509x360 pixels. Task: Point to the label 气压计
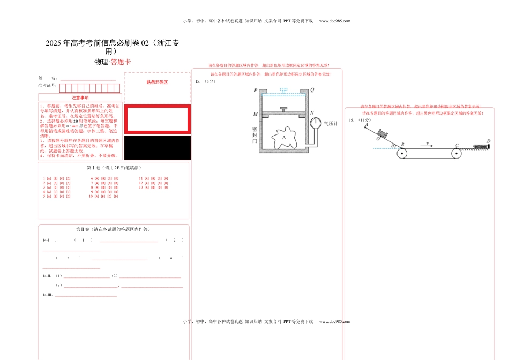click(x=331, y=124)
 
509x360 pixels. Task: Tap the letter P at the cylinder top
click(x=256, y=90)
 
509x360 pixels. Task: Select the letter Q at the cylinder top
click(x=312, y=90)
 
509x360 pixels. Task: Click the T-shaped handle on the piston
click(x=283, y=109)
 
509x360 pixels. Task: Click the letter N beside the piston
click(x=312, y=114)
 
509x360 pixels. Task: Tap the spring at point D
click(x=480, y=146)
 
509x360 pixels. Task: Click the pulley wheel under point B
click(x=402, y=154)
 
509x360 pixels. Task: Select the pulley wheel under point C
click(x=456, y=154)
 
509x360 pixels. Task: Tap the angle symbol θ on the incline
click(x=392, y=146)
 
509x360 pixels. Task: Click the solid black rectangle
click(x=157, y=147)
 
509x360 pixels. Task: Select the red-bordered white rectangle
click(x=157, y=119)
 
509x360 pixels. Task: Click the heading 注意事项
click(x=80, y=97)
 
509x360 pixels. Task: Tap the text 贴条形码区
click(x=157, y=82)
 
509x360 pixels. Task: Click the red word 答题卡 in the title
click(x=121, y=62)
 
